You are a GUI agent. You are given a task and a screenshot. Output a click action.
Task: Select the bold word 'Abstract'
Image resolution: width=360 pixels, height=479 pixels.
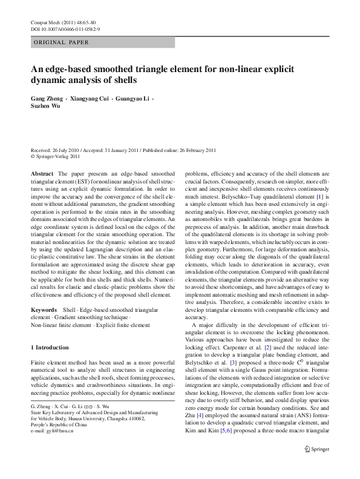(x=41, y=173)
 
